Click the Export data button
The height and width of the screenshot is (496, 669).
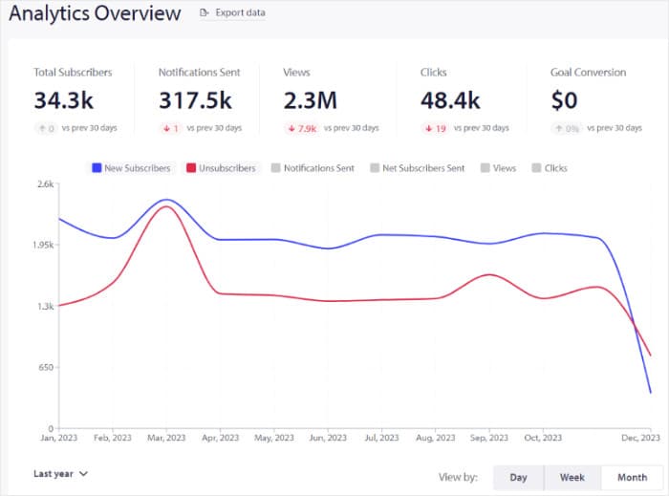point(232,13)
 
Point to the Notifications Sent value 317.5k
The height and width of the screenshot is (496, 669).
point(196,99)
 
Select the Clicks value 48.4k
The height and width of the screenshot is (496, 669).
point(448,99)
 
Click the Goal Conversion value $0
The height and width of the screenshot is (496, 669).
point(564,99)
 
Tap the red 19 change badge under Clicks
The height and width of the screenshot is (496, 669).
point(436,128)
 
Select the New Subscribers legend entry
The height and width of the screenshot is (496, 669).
point(131,168)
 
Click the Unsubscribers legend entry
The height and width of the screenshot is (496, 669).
point(221,168)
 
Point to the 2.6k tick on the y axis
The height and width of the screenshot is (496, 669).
point(44,183)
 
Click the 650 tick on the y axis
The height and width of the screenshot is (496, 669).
point(45,367)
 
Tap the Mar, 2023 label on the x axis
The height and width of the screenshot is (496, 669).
point(165,438)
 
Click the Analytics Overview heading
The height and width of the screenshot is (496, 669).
point(94,13)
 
